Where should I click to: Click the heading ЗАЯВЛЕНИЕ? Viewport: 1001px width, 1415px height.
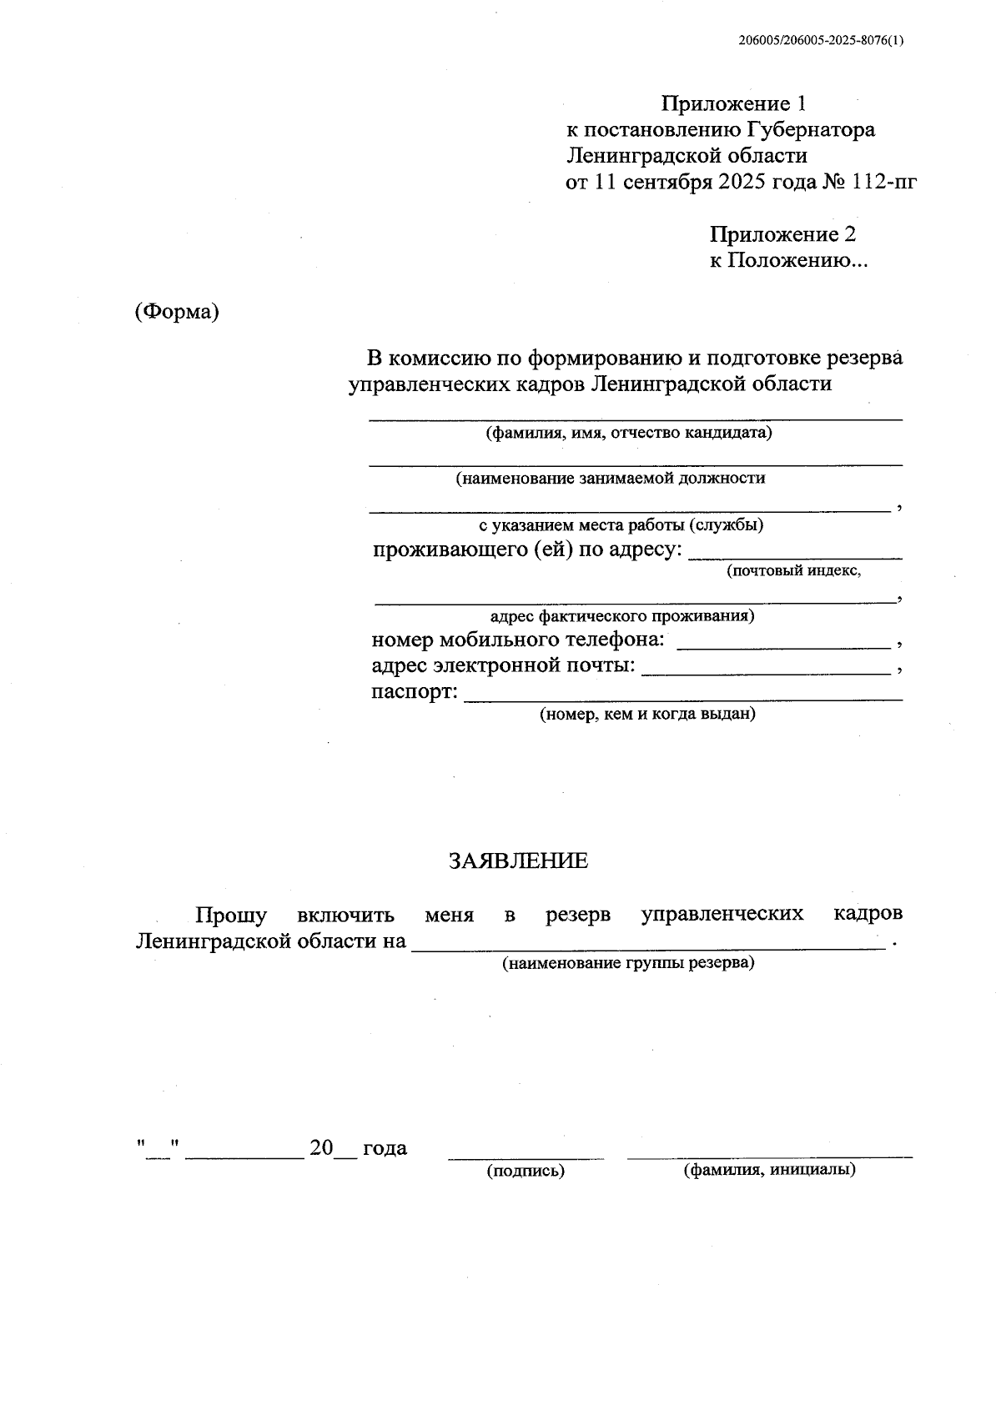pos(518,861)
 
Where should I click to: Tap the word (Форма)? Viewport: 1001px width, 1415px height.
pos(177,312)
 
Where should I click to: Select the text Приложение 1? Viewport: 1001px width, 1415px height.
pos(734,104)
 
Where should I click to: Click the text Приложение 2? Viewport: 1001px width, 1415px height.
pos(782,234)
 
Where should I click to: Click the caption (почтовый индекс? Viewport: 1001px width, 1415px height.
pos(793,571)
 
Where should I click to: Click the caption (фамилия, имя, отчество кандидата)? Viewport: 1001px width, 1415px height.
pos(630,433)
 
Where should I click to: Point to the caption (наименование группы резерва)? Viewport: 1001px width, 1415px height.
pos(628,963)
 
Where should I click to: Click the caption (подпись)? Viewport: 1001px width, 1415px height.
pos(526,1171)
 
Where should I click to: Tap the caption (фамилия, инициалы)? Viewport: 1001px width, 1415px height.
pos(769,1170)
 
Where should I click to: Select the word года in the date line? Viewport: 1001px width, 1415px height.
pos(385,1148)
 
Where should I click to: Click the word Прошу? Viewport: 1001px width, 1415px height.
pos(231,915)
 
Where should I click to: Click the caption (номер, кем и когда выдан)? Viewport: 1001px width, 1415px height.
pos(647,714)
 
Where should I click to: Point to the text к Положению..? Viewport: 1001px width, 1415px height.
pos(787,260)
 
